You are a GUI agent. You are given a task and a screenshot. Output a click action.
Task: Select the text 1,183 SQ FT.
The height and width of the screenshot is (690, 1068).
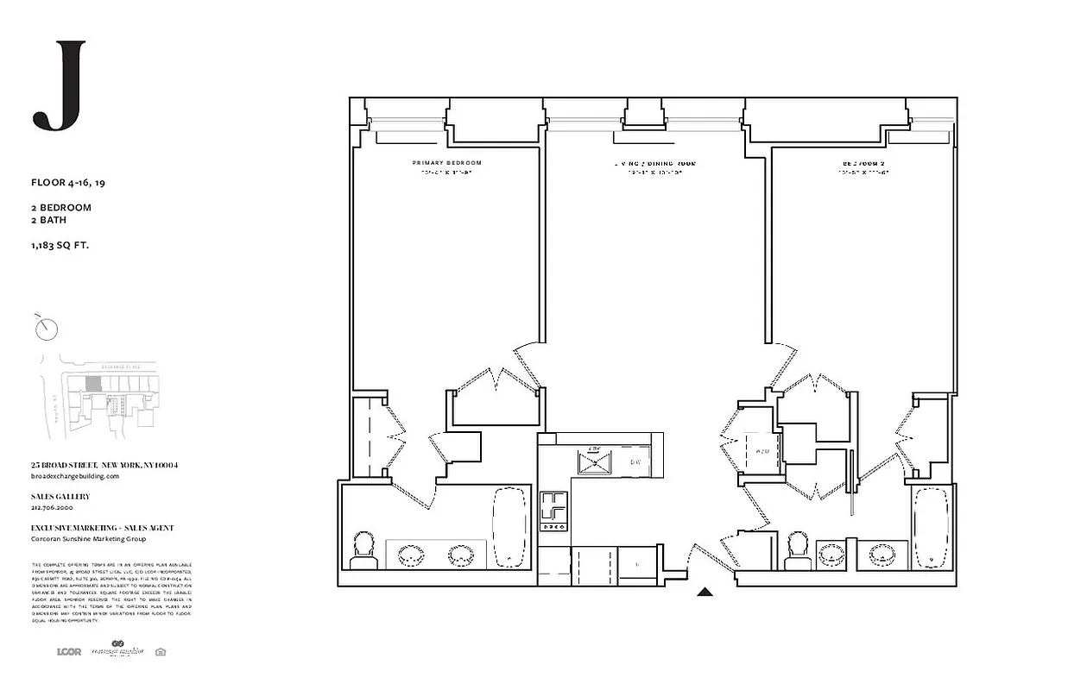[x=60, y=246]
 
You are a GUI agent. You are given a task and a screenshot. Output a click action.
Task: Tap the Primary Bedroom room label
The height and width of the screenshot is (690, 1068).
[x=446, y=163]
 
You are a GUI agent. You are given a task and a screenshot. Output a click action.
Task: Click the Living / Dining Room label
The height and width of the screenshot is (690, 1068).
[x=654, y=163]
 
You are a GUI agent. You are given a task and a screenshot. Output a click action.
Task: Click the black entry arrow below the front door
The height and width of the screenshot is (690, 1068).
[x=705, y=592]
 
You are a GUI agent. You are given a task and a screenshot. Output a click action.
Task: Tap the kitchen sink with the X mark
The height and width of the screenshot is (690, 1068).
[x=593, y=463]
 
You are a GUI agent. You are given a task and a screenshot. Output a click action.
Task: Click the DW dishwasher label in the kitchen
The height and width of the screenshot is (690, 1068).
[x=635, y=463]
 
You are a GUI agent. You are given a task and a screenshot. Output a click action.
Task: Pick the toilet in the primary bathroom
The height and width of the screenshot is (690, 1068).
[x=364, y=549]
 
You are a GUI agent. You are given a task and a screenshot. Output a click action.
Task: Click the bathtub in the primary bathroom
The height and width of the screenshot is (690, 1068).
[x=509, y=528]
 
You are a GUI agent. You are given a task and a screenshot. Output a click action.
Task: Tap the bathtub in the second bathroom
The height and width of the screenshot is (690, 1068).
[x=932, y=528]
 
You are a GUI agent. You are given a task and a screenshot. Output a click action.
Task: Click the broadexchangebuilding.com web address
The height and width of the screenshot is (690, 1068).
[x=74, y=476]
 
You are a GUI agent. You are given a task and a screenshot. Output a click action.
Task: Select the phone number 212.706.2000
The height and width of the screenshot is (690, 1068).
[x=53, y=508]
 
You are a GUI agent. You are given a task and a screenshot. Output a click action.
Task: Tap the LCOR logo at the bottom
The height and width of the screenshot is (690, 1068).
[x=68, y=651]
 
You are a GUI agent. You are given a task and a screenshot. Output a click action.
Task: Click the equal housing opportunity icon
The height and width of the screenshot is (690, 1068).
[x=160, y=652]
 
